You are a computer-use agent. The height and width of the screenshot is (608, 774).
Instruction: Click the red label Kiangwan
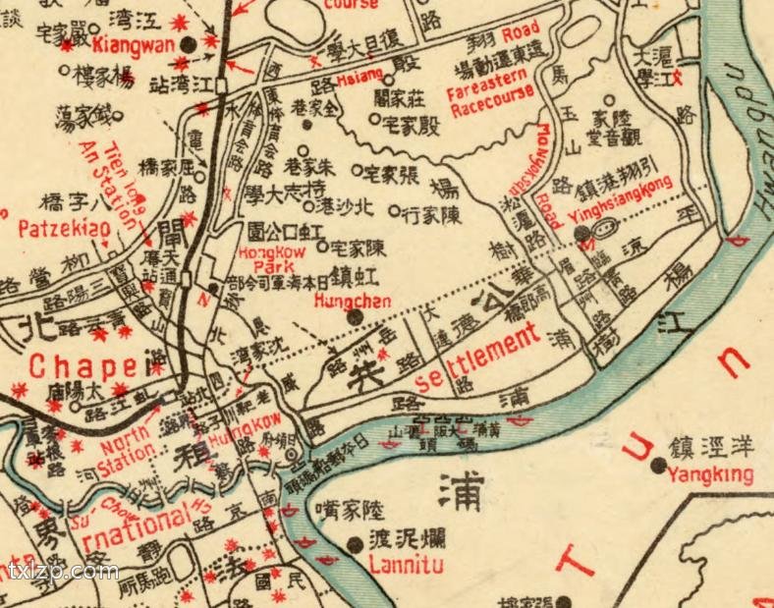click(x=134, y=45)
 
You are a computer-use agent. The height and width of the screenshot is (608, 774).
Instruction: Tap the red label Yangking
click(x=710, y=476)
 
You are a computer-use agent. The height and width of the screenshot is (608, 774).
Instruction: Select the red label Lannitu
click(x=406, y=565)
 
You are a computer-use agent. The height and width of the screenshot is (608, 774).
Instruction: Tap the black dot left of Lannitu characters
click(x=355, y=543)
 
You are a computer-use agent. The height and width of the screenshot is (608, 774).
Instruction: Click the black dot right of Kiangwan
click(x=211, y=42)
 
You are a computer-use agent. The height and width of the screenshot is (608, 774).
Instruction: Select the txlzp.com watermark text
click(x=62, y=572)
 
